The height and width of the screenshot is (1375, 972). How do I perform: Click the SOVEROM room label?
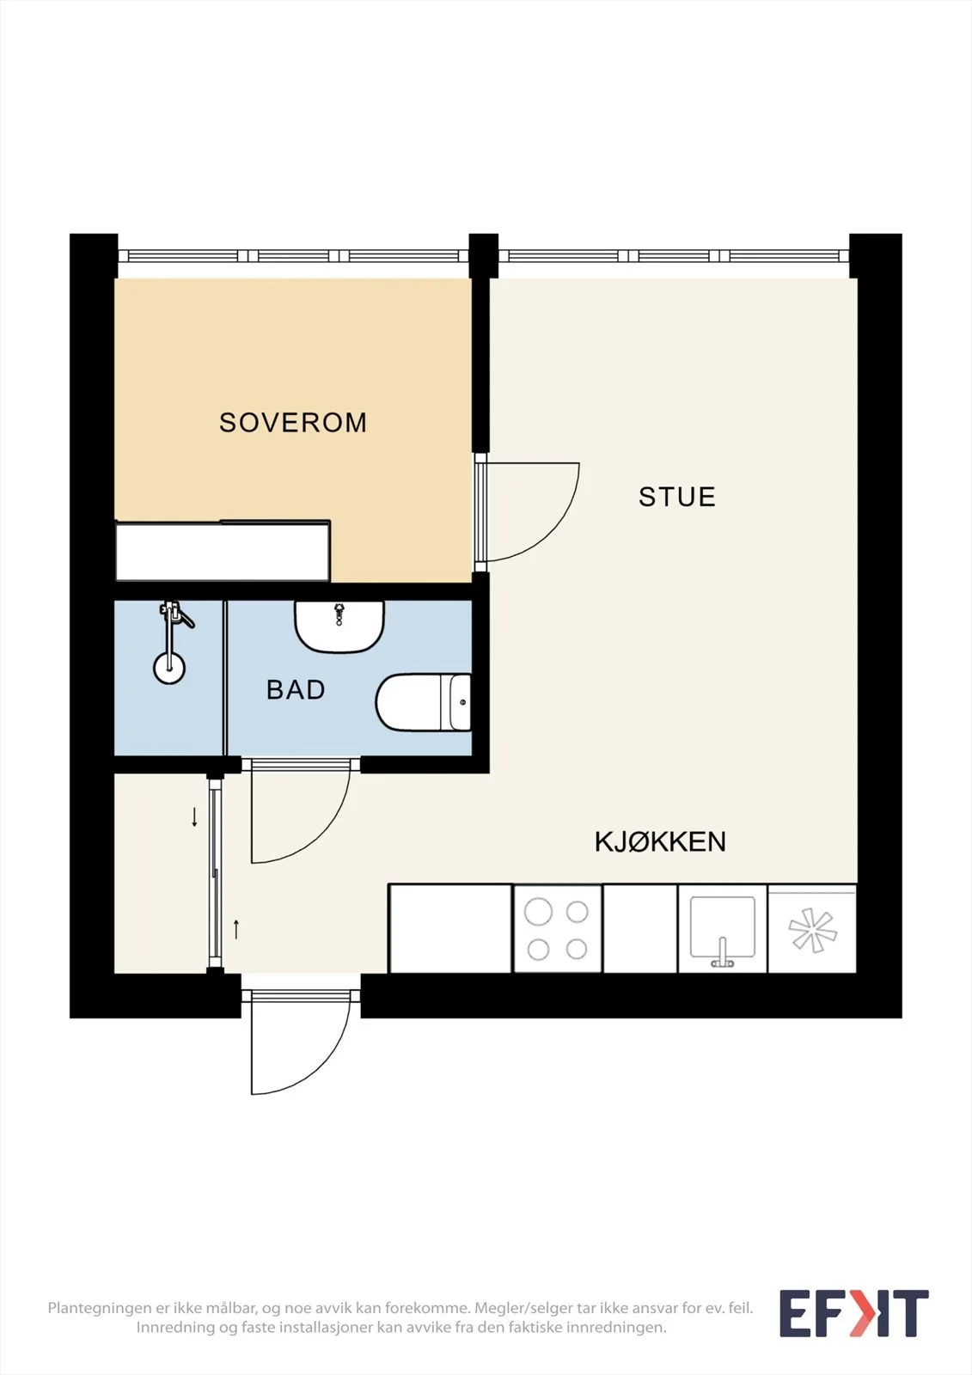293,422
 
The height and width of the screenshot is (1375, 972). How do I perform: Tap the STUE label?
676,497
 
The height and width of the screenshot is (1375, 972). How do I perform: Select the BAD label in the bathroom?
296,690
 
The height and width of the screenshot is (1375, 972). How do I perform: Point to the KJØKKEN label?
660,841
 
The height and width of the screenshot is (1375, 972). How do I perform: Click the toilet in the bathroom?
423,702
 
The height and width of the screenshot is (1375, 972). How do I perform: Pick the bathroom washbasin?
339,626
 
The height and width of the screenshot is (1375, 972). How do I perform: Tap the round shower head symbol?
168,668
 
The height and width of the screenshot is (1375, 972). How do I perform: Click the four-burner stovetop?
558,929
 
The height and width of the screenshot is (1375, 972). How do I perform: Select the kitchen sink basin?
722,927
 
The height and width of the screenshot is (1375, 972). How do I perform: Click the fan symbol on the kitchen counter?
812,931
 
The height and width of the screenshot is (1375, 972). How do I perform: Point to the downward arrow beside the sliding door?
194,817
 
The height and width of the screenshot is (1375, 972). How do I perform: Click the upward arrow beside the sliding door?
236,929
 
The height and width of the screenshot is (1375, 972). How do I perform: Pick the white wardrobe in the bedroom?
223,551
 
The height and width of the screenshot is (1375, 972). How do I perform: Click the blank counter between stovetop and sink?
639,929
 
